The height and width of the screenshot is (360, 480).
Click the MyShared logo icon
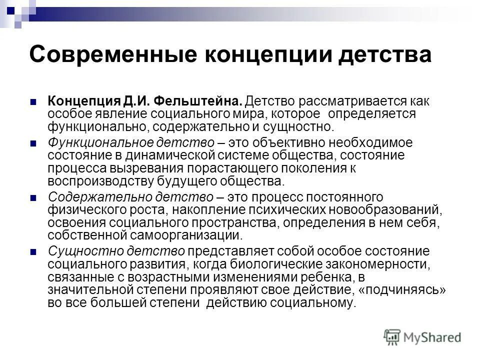(392, 337)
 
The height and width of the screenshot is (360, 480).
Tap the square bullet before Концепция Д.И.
(34, 101)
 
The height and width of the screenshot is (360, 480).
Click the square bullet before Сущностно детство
(34, 252)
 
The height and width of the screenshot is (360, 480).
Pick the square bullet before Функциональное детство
(34, 143)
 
